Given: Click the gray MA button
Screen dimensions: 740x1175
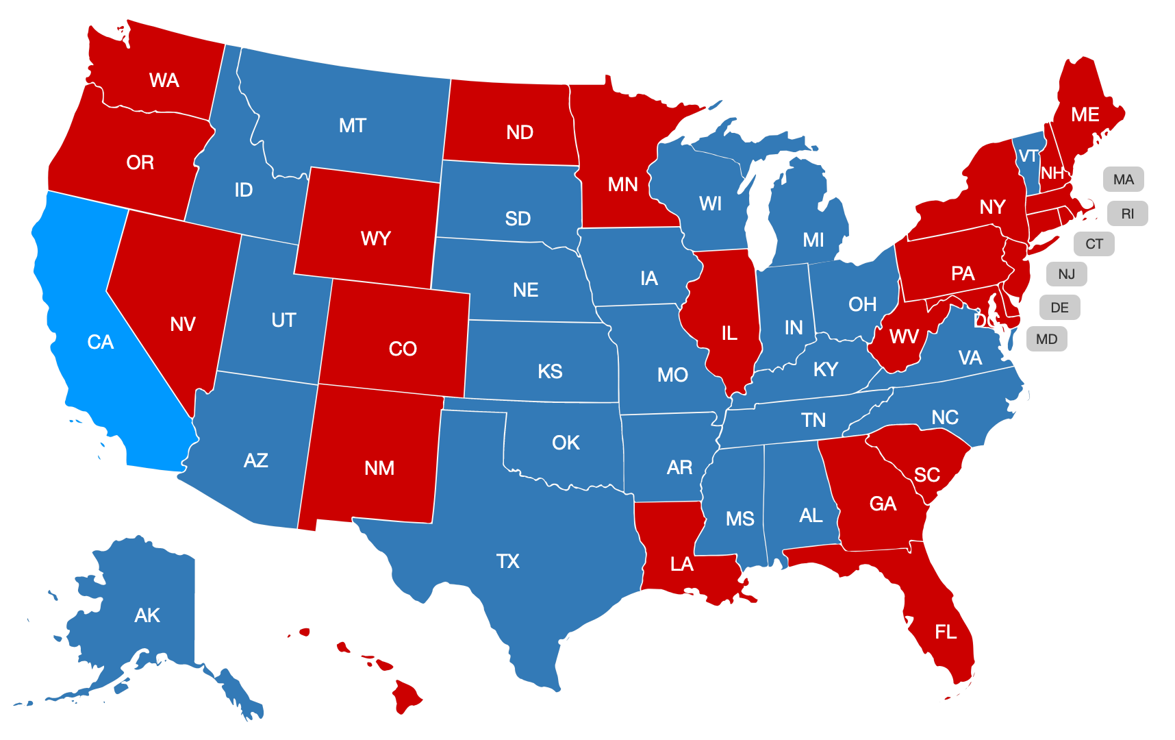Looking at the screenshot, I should tap(1123, 180).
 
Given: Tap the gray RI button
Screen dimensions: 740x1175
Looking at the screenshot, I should tap(1127, 214).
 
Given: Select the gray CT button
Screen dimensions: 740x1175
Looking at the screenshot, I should tap(1094, 244).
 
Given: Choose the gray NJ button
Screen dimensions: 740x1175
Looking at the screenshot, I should tap(1066, 274).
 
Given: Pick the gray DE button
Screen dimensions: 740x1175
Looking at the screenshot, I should tap(1059, 308).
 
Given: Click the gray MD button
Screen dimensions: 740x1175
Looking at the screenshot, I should tap(1046, 339).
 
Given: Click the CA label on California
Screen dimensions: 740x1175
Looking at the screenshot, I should tap(101, 342).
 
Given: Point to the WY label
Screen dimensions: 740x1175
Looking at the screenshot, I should tap(375, 238).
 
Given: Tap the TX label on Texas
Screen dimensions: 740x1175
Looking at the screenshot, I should tap(507, 561).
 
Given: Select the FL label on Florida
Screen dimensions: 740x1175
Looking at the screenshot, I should tap(946, 632).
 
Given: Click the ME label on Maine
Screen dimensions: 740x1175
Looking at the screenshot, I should tap(1085, 114).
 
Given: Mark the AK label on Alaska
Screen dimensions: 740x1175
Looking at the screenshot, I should tap(147, 615).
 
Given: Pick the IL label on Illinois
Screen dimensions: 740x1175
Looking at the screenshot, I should tap(729, 334).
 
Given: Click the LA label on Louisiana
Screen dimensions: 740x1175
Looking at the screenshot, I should tap(681, 564).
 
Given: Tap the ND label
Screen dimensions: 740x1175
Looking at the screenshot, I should tap(520, 132).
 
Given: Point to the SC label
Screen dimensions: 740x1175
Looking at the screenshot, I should tap(926, 475).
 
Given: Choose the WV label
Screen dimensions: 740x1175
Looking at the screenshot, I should tap(904, 336).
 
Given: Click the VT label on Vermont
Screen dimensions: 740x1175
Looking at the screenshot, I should tap(1028, 156).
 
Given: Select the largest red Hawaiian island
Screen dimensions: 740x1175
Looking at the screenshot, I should tap(406, 695).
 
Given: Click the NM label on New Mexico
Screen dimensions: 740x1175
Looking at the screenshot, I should tap(379, 468).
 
